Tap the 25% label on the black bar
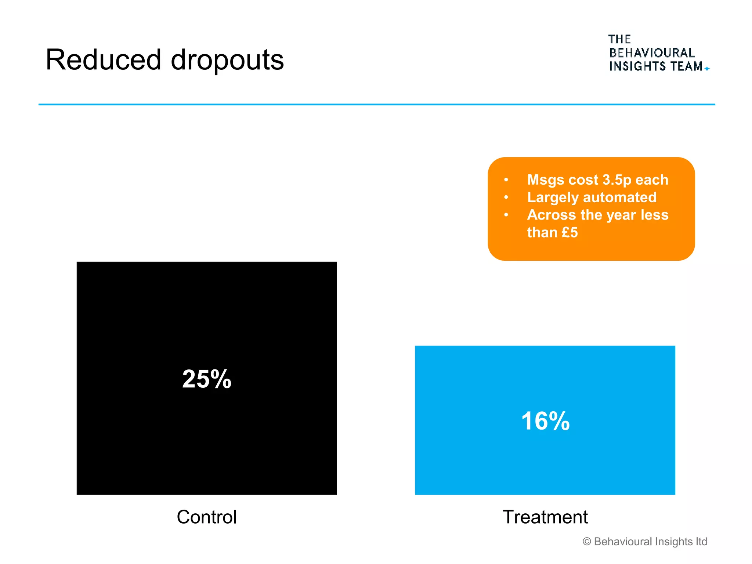[207, 379]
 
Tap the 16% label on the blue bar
[545, 421]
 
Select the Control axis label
[207, 517]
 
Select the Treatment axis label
[545, 517]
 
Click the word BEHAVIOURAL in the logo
[652, 53]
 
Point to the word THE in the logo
[619, 39]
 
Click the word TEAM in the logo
[686, 66]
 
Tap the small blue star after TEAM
[707, 69]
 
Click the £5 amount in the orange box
[570, 232]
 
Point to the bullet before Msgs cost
[506, 180]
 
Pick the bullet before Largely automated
[506, 198]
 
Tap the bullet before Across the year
[506, 215]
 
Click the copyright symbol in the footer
[587, 542]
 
